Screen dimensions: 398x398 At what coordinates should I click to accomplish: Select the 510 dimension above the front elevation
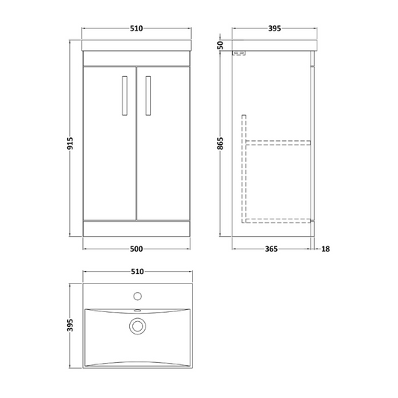(x=134, y=29)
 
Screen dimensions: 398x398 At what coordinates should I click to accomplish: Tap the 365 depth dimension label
(x=272, y=249)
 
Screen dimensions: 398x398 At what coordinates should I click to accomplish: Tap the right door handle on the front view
(x=148, y=95)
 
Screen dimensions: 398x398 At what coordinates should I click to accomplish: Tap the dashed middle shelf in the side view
(x=279, y=141)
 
